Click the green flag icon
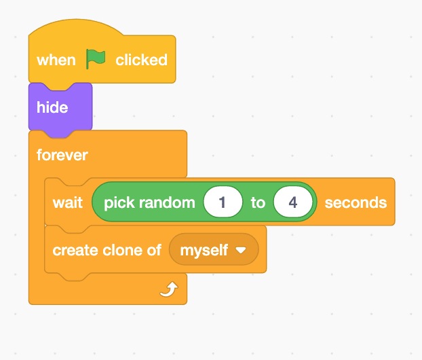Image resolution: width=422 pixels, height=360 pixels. pos(96,59)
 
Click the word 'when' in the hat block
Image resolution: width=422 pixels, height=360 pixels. pos(56,60)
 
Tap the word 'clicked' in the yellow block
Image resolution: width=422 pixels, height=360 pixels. pos(141,60)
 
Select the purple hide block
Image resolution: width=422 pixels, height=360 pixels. pos(60,107)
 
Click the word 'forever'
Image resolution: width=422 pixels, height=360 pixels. pos(62,155)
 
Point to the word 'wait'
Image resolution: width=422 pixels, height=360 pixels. pos(68,202)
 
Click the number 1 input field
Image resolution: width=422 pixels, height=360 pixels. pos(222,202)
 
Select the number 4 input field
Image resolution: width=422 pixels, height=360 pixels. pos(293,202)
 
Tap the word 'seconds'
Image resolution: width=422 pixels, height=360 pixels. pos(356,202)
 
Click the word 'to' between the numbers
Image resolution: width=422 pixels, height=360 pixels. pos(258,202)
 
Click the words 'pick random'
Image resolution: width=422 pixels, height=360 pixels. pos(149,202)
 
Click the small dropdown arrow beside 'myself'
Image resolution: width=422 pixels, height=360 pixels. pos(240,250)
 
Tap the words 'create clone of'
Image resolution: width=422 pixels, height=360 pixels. pos(107,250)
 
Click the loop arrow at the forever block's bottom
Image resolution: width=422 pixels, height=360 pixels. pos(168,291)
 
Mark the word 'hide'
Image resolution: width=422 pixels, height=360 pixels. pos(52,107)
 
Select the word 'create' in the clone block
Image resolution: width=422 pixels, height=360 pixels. pos(74,250)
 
